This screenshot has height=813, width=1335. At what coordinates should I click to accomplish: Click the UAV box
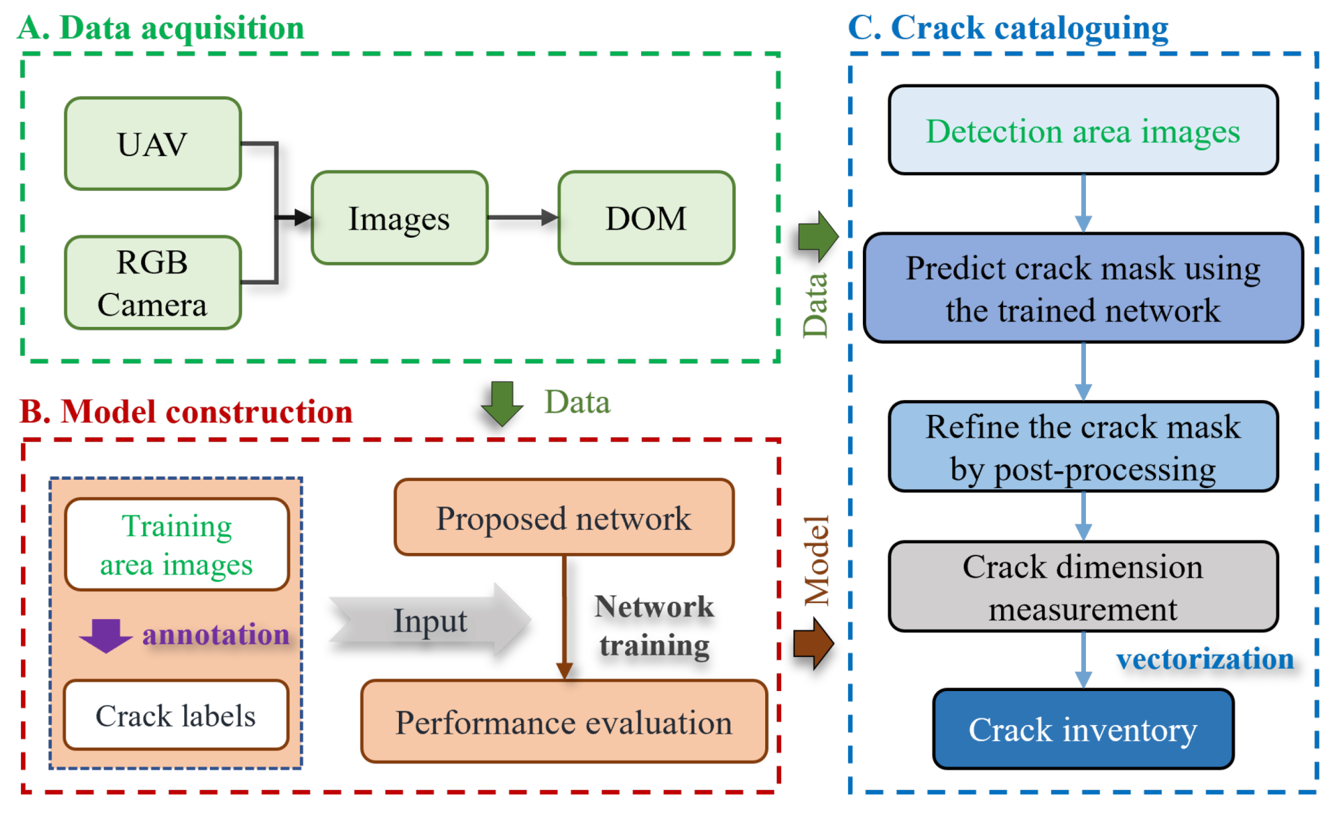(x=153, y=144)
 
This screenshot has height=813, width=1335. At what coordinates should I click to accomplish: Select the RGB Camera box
(x=153, y=282)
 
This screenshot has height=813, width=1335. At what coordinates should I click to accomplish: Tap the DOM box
(x=646, y=218)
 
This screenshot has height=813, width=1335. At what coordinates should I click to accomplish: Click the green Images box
(x=399, y=218)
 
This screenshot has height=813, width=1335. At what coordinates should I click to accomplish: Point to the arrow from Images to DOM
(x=523, y=218)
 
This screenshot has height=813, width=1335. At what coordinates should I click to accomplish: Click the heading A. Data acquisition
(x=161, y=28)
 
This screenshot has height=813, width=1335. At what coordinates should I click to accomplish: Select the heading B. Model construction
(x=186, y=411)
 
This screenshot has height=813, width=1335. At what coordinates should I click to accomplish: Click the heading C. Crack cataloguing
(x=1008, y=28)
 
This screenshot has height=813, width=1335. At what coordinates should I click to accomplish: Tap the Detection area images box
(x=1083, y=130)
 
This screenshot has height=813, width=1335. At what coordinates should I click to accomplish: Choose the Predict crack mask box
(x=1083, y=288)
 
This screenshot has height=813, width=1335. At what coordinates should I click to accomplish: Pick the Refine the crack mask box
(x=1083, y=446)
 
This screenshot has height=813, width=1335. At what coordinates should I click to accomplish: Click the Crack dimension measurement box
(x=1083, y=586)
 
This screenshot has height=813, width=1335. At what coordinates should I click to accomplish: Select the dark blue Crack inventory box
(x=1083, y=729)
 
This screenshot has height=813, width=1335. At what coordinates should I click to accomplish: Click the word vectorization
(x=1205, y=659)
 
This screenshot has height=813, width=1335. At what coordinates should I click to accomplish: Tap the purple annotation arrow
(x=106, y=635)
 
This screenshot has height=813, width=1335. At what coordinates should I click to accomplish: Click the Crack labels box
(x=176, y=715)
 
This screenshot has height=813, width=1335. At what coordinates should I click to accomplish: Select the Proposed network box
(x=564, y=517)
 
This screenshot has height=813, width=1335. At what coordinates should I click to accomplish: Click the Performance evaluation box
(x=564, y=722)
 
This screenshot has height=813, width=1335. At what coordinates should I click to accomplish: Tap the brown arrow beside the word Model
(x=813, y=643)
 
